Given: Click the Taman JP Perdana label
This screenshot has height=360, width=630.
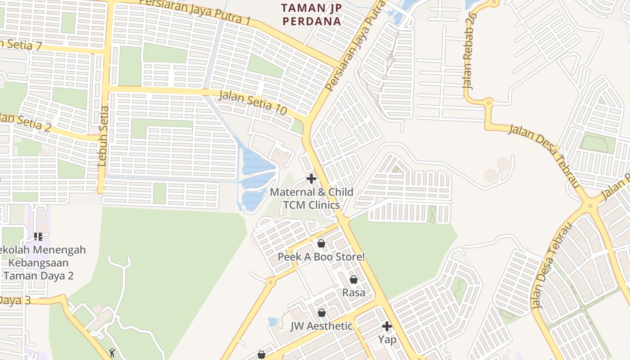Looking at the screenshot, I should pos(311,14).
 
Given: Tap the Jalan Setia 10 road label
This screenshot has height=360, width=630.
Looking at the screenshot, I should pos(253,102).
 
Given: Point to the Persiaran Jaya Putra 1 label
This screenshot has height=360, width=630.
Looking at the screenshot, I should pos(194,11).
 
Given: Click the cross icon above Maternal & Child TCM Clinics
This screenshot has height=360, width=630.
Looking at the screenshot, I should pos(311,179).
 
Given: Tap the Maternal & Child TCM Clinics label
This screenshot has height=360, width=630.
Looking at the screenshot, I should pos(311,198).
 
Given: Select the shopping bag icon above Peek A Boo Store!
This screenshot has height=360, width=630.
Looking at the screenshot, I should pos(321,244).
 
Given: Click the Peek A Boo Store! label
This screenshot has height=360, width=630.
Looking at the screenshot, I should pos(321,257).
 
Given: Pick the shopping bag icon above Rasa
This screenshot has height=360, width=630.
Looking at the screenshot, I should pos(354,279).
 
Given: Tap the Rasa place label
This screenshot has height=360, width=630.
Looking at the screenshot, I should pos(354,292).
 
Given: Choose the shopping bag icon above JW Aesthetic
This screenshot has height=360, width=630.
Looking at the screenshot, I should pos(322,313).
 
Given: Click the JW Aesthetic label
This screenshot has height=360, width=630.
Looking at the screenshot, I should pos(321,326).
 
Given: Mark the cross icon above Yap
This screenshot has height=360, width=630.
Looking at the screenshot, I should pos(387,326).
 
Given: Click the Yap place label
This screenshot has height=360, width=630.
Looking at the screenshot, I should pos(387,339).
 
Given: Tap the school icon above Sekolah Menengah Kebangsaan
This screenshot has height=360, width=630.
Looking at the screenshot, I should pos(38,236).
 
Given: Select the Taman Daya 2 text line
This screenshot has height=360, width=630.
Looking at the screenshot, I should pos(39,276).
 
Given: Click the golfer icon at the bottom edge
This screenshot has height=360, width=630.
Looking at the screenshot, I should pos(112,353).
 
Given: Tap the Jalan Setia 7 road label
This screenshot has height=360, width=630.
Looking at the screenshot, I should pos(20,45).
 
